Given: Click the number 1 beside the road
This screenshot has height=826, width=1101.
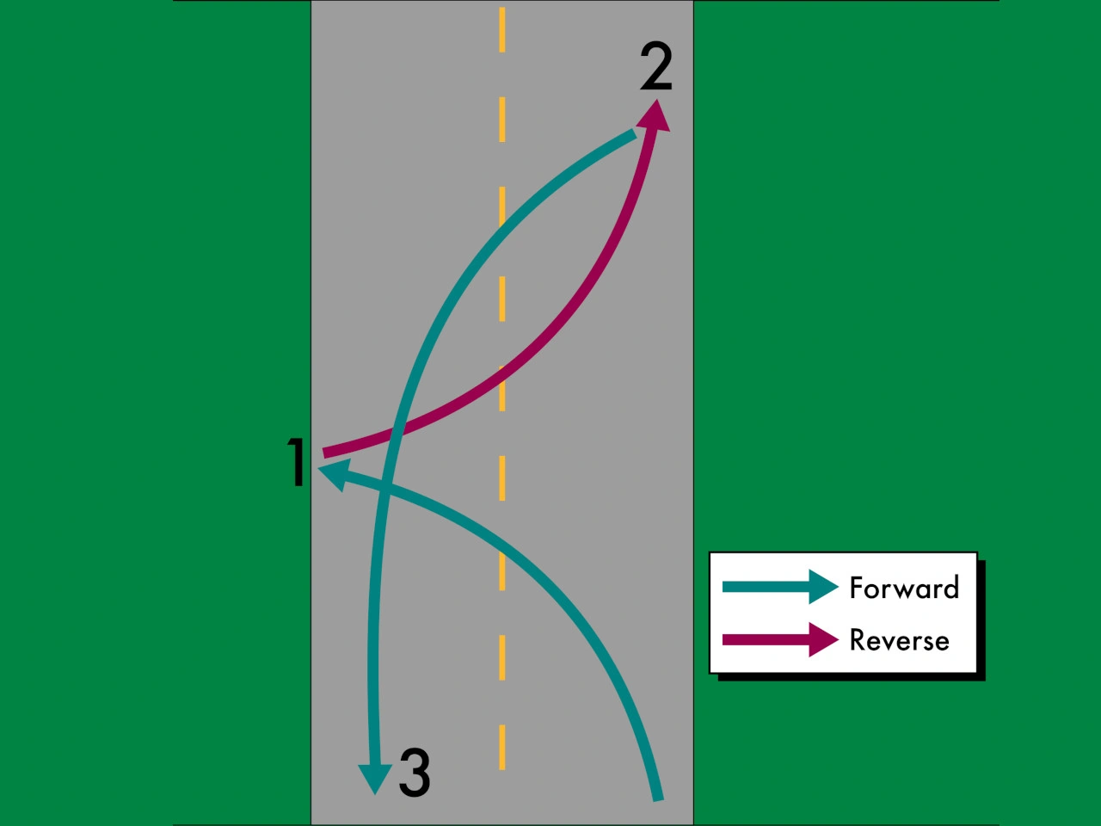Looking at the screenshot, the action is (297, 462).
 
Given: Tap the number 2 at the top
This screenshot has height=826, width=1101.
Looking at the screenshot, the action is (656, 66).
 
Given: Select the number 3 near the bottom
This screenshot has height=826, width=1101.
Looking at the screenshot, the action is (415, 772).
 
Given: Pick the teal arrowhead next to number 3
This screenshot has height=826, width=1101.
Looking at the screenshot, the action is (375, 779).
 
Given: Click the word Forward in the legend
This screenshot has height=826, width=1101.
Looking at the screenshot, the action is (904, 588).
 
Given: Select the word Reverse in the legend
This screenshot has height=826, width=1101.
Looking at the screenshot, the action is (900, 640).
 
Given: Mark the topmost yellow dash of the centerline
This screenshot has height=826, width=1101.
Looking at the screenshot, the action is (502, 29).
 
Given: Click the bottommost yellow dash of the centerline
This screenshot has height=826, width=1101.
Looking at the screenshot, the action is (502, 747).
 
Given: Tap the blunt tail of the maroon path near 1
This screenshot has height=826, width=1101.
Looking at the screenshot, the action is (325, 453).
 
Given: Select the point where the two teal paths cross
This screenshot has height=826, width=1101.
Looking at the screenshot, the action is (384, 485).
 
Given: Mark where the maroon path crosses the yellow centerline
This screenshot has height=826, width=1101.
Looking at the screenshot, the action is (502, 381).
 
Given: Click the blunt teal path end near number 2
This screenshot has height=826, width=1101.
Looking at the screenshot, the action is (634, 134).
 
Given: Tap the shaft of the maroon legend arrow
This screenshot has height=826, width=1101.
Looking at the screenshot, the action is (766, 639).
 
